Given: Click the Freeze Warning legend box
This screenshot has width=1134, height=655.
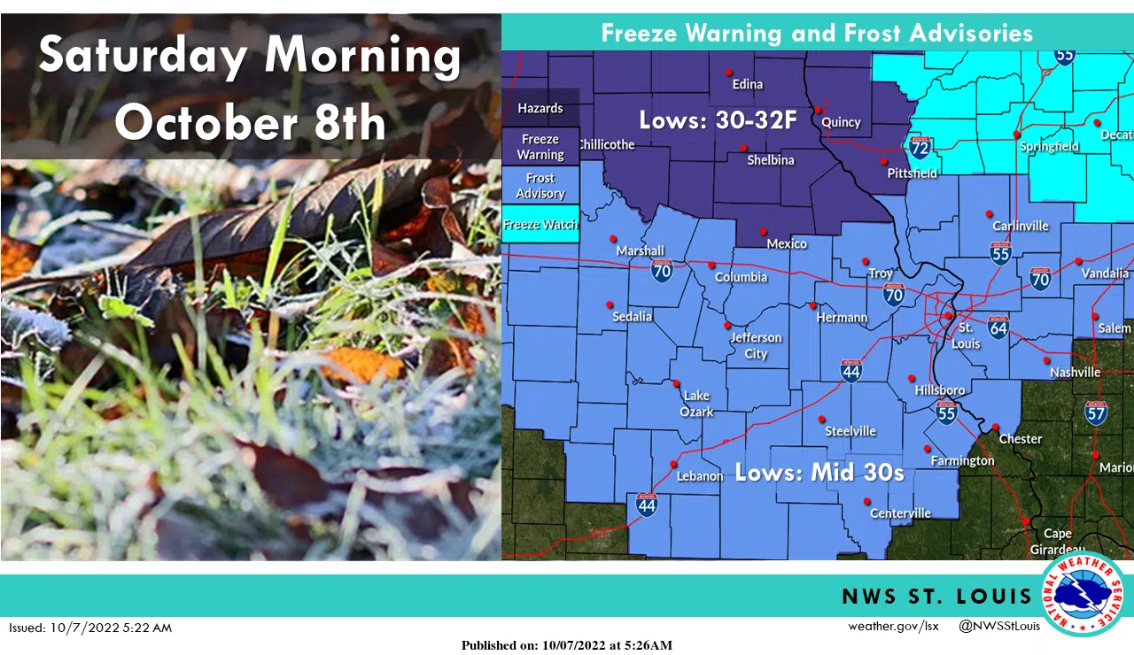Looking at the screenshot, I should tap(540, 147).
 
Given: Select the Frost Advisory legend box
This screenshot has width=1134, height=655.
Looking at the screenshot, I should tap(540, 186).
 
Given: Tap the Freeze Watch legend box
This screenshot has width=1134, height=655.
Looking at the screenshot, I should tap(540, 225).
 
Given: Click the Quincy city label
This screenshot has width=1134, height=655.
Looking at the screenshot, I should tap(841, 122).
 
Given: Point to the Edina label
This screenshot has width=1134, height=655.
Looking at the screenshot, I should tap(748, 84).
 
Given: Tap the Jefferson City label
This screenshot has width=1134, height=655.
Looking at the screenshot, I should tap(756, 345).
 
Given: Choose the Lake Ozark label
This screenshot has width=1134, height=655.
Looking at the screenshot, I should tap(696, 404).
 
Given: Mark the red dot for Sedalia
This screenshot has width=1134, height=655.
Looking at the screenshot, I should tap(610, 304).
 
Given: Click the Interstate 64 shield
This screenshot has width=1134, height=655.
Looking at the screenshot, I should tap(998, 327).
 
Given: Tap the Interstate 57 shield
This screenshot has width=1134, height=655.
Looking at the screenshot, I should tap(1096, 412).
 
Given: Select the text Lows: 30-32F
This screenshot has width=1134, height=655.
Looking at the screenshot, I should tap(718, 120).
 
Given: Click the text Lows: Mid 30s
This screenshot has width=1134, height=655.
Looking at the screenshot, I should tap(819, 473).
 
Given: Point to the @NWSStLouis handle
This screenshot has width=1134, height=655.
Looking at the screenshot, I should tap(999, 627).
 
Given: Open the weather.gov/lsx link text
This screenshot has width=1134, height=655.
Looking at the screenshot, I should tap(893, 627).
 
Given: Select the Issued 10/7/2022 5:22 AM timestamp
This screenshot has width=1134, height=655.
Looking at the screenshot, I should tap(90, 628).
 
